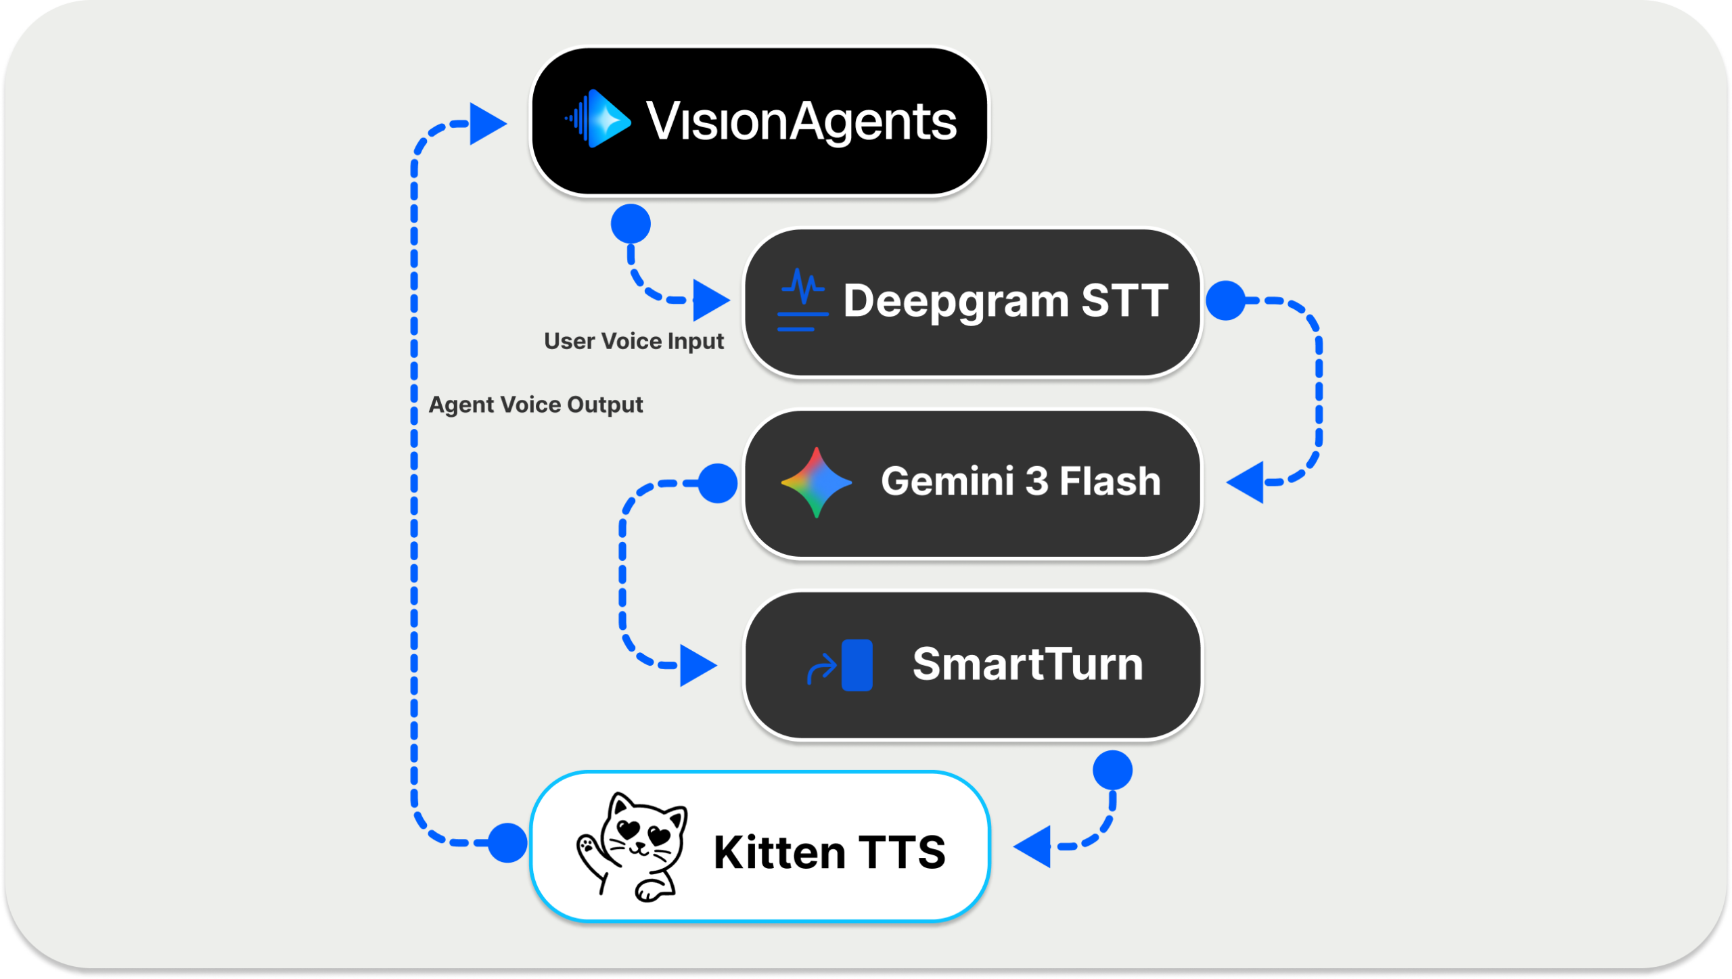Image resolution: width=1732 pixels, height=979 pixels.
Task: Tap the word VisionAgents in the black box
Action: click(x=801, y=122)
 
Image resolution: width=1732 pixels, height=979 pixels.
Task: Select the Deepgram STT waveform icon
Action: click(x=802, y=300)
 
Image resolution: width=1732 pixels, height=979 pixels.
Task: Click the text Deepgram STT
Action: click(x=1005, y=300)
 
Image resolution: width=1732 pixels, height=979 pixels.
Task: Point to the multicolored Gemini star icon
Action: click(x=816, y=482)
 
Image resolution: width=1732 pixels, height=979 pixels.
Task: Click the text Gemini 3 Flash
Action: click(x=1020, y=482)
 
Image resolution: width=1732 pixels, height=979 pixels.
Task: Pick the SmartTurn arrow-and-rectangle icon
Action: click(x=842, y=665)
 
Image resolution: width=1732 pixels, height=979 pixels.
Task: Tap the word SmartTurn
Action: click(x=1027, y=664)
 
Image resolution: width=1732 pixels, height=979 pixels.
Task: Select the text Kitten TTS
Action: click(x=829, y=852)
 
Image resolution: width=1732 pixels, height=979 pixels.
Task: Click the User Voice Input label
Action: click(x=633, y=341)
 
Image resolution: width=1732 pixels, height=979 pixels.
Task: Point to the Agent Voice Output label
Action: click(x=535, y=405)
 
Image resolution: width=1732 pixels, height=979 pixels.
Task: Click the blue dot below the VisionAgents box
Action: click(x=631, y=224)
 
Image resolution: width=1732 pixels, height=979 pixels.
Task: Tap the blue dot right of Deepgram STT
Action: click(x=1225, y=300)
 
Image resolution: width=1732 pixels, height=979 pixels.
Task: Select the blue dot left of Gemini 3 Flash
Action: click(x=717, y=483)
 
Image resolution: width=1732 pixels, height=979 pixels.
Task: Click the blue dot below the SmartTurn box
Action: click(x=1112, y=770)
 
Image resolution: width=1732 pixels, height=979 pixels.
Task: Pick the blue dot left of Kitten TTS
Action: click(x=507, y=843)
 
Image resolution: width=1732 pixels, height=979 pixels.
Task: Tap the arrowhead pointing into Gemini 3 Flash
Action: click(x=1248, y=482)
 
